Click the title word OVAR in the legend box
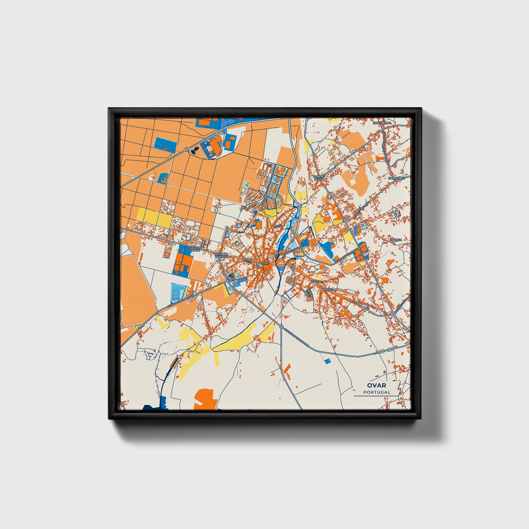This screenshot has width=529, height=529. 377,385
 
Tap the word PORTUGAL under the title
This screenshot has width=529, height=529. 377,392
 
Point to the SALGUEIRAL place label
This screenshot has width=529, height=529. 382,123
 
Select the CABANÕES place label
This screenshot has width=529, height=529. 396,178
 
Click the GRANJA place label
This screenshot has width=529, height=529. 396,240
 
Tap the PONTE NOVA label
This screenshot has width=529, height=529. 319,178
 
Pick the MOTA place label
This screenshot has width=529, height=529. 277,227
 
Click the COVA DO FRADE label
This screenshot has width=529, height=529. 194,249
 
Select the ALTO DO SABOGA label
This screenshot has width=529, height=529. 221,256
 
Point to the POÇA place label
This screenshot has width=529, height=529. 316,281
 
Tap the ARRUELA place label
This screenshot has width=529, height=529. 329,289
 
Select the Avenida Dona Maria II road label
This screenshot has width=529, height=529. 297,337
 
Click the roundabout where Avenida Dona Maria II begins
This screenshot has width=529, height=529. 281,326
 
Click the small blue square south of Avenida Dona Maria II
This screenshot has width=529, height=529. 327,361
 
